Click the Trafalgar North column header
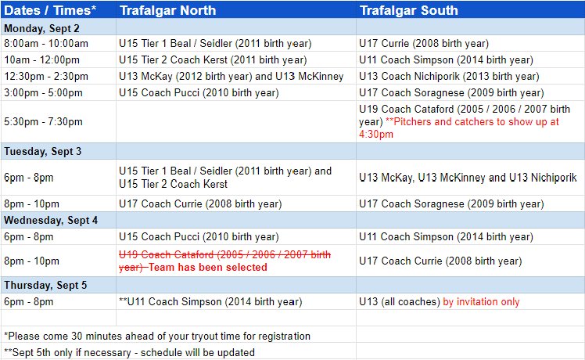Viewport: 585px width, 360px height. (x=167, y=10)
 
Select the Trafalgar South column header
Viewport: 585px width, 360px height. (x=408, y=10)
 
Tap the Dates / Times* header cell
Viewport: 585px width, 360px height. (x=50, y=10)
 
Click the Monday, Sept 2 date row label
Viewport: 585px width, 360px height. (x=41, y=28)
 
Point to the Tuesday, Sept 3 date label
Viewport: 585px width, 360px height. (x=42, y=151)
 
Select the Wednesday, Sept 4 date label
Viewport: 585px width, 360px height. (x=51, y=221)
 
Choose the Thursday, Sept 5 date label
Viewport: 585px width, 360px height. (x=45, y=286)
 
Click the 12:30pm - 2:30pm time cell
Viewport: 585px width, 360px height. (x=46, y=76)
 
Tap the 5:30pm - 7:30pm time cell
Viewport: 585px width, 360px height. (x=43, y=122)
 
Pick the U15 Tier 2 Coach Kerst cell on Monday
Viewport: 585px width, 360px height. (x=213, y=59)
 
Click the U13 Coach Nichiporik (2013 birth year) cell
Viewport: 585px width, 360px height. (x=449, y=76)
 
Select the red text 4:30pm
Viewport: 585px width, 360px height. (x=376, y=135)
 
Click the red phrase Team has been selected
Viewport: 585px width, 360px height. (x=208, y=268)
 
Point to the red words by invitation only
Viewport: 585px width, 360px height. (x=481, y=302)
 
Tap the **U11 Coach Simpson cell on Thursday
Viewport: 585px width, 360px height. (x=210, y=302)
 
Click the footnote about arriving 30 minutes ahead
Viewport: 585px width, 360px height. (x=157, y=336)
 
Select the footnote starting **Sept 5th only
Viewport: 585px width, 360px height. (x=130, y=352)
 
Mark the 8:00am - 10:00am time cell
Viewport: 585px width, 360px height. (x=46, y=43)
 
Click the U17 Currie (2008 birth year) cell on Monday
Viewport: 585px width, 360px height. (x=424, y=43)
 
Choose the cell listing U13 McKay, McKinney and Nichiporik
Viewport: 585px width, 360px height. (x=468, y=178)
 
